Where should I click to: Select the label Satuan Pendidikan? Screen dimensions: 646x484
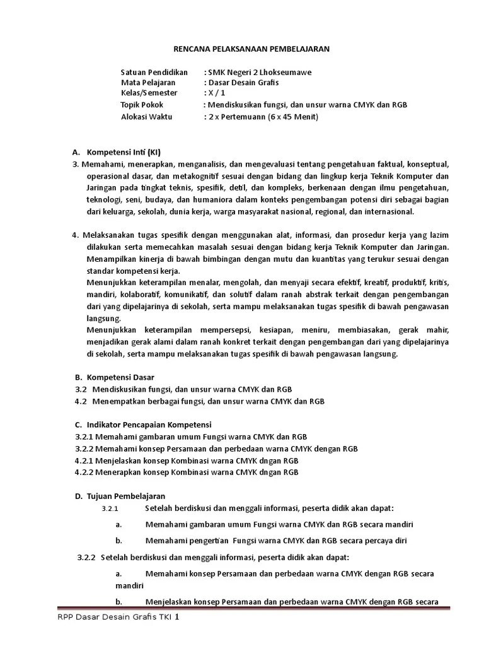[154, 73]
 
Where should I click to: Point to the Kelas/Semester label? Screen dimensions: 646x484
[149, 93]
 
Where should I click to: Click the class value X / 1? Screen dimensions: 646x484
[218, 93]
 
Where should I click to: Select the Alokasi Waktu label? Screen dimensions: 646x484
[146, 117]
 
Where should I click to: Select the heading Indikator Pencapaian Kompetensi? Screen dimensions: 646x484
[149, 425]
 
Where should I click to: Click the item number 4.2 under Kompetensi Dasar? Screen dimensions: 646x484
[81, 401]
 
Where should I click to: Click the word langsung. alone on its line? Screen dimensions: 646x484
[103, 318]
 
